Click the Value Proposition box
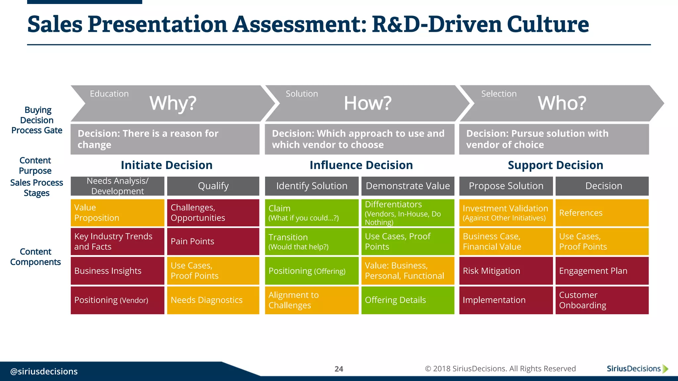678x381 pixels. click(x=117, y=213)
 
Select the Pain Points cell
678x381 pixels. click(x=213, y=241)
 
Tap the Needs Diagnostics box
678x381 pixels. click(x=213, y=300)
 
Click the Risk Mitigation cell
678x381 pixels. click(x=506, y=271)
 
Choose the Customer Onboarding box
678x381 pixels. click(x=602, y=300)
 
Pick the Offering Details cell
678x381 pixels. click(x=408, y=300)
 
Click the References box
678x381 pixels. click(x=602, y=213)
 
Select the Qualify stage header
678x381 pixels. click(x=213, y=186)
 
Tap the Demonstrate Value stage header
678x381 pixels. click(x=408, y=186)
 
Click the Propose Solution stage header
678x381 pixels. click(x=506, y=186)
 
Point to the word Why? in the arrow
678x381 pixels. click(x=173, y=103)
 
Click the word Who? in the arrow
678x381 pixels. click(x=562, y=103)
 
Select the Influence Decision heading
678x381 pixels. click(x=361, y=165)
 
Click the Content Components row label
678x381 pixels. click(x=35, y=257)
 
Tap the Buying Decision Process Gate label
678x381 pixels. click(x=37, y=120)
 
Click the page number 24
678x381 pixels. click(x=339, y=369)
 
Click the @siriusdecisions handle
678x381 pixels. click(x=44, y=371)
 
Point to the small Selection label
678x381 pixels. click(x=499, y=94)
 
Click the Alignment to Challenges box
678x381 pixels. click(x=311, y=300)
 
